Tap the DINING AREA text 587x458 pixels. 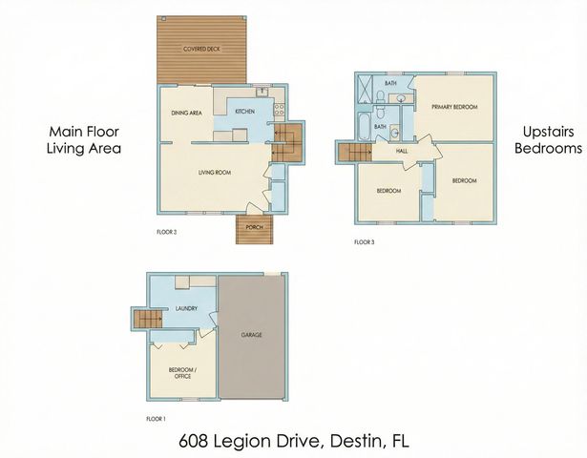tap(186, 113)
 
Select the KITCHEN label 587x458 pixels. tap(244, 113)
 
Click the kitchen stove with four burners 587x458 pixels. tap(279, 110)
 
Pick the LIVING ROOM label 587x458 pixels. tap(216, 173)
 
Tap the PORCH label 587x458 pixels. tap(254, 227)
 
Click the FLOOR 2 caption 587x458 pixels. tap(167, 232)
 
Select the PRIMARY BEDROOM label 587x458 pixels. tap(454, 107)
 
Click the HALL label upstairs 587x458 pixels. tap(391, 151)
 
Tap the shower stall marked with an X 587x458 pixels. tap(364, 88)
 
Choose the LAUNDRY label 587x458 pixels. tap(186, 307)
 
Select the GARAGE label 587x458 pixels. tap(252, 335)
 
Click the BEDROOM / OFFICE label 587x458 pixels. tap(182, 372)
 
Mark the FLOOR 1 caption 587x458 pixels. tap(156, 419)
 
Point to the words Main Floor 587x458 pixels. tap(85, 132)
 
